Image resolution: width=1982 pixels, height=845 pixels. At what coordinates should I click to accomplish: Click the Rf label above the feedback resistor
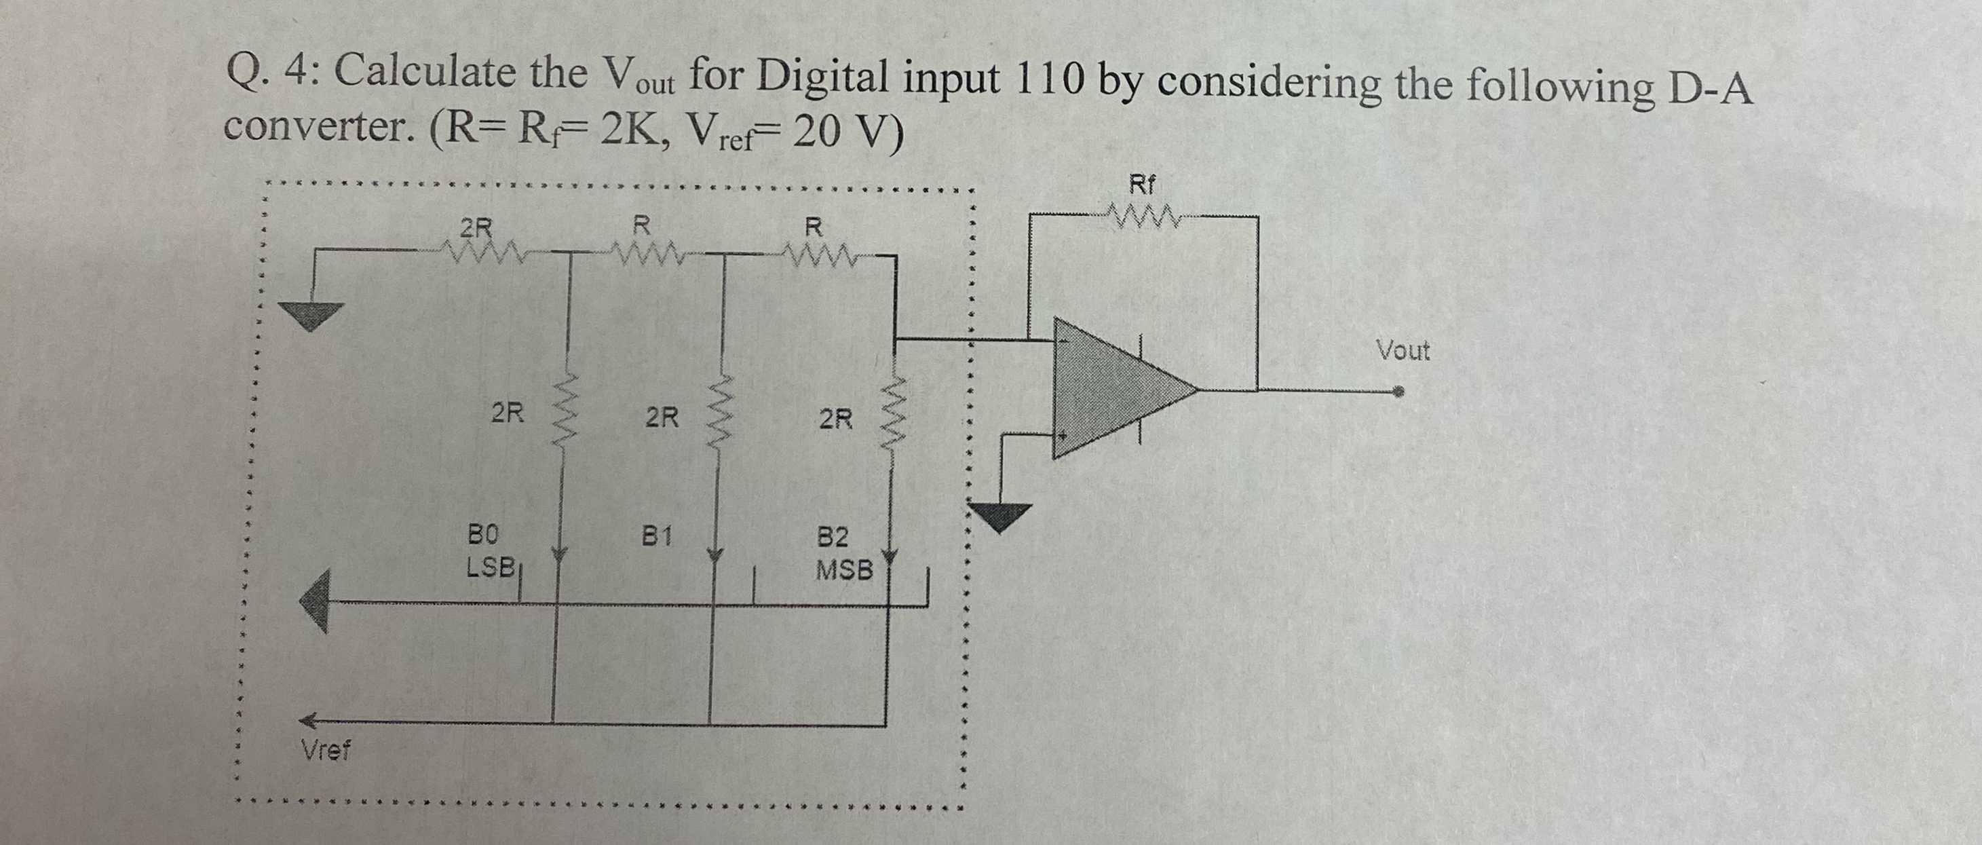(x=1142, y=185)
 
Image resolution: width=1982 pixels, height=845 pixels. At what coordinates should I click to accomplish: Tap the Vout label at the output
(x=1403, y=351)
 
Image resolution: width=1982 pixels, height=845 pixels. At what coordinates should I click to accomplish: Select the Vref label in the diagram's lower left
(x=326, y=749)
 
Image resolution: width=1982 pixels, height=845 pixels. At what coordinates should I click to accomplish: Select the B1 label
(x=658, y=534)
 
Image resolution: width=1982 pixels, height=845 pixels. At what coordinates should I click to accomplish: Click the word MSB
(x=844, y=570)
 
